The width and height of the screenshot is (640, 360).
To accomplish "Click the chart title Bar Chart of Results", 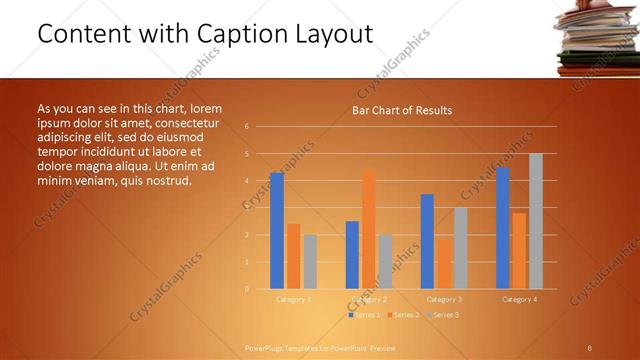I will click(x=401, y=110).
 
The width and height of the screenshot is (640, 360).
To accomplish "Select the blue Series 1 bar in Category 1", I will click(x=277, y=231).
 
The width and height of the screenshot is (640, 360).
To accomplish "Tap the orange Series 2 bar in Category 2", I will click(x=369, y=229).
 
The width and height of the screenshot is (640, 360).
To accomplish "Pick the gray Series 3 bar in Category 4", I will click(x=536, y=221).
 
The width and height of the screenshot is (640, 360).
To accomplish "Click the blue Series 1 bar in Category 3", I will click(x=427, y=241).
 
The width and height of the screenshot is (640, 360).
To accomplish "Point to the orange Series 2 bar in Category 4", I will click(x=519, y=251).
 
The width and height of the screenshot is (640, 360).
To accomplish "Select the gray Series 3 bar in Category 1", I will click(x=310, y=262).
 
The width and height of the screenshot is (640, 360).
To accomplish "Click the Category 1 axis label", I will click(x=293, y=299).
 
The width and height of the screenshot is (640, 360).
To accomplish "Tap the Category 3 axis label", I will click(x=444, y=299).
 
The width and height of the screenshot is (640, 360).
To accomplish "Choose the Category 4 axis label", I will click(x=519, y=299).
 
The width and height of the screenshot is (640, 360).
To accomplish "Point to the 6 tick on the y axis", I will click(x=247, y=127).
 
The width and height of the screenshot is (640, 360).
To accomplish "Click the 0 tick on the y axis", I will click(x=247, y=289).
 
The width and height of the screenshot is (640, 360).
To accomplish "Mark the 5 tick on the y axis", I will click(x=247, y=154).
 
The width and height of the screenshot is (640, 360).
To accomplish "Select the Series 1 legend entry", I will click(x=364, y=315).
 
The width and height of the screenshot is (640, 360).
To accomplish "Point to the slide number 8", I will click(x=590, y=347).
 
